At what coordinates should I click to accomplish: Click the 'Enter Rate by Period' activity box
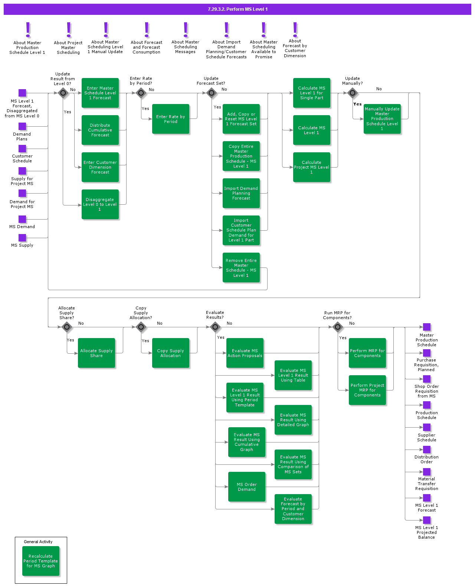(x=171, y=119)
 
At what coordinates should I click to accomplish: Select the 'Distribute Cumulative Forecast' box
(x=100, y=130)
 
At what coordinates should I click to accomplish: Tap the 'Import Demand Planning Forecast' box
(x=241, y=193)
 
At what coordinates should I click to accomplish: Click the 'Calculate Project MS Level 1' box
(x=312, y=167)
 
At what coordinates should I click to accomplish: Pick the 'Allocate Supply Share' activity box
(x=96, y=353)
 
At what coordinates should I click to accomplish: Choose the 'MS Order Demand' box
(x=247, y=487)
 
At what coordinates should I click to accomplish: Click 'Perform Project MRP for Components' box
(x=367, y=390)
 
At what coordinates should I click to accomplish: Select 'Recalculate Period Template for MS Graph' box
(x=41, y=561)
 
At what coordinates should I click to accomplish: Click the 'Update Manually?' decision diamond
(x=353, y=93)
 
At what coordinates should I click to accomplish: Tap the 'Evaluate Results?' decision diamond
(x=215, y=327)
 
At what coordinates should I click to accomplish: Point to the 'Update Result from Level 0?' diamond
(x=63, y=93)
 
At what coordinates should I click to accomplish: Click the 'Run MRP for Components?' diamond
(x=338, y=327)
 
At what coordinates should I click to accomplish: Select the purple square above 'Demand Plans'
(x=22, y=126)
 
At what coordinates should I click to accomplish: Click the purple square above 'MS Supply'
(x=22, y=238)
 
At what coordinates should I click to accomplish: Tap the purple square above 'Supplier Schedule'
(x=427, y=427)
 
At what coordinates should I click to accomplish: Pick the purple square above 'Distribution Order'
(x=427, y=450)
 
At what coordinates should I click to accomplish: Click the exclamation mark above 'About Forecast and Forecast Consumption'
(x=147, y=30)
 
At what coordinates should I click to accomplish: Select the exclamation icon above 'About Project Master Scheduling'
(x=69, y=30)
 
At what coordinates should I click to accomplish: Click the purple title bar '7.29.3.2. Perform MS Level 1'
(x=237, y=9)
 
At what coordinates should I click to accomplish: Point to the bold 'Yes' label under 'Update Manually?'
(x=357, y=104)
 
